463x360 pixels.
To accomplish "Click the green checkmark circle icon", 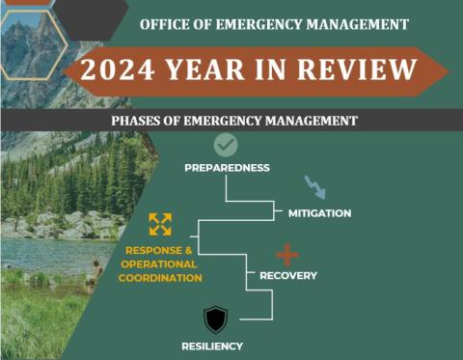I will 226,145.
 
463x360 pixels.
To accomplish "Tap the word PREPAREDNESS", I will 227,168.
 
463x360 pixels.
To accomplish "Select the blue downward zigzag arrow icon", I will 314,187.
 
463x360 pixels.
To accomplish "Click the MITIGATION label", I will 319,212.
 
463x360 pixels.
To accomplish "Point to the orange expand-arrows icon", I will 160,224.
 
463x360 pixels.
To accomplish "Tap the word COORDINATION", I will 160,278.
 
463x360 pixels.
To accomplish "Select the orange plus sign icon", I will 287,255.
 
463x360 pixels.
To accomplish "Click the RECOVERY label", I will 288,276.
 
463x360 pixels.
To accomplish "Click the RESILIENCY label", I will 212,346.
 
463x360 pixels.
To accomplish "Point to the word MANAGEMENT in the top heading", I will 356,23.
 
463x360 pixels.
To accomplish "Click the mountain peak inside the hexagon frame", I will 29,43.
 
